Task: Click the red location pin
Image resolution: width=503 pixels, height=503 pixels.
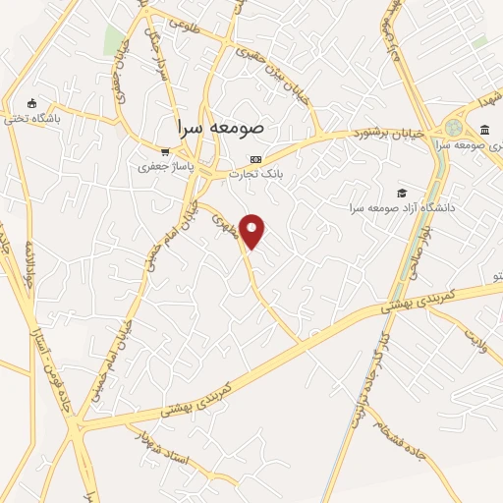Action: click(x=252, y=230)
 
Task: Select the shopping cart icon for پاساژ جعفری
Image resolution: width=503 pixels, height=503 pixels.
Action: click(x=165, y=152)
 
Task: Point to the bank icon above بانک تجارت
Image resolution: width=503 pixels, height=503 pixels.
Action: click(x=255, y=159)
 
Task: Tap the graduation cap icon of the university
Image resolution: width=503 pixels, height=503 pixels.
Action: click(x=401, y=193)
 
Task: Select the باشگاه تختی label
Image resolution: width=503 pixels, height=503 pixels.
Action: click(x=31, y=119)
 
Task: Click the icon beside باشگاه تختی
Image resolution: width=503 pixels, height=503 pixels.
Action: click(x=31, y=104)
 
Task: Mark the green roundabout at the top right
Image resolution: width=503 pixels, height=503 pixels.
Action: click(x=453, y=128)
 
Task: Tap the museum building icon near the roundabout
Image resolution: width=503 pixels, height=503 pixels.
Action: click(x=485, y=131)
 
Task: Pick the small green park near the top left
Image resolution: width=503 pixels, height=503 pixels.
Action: click(x=114, y=40)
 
